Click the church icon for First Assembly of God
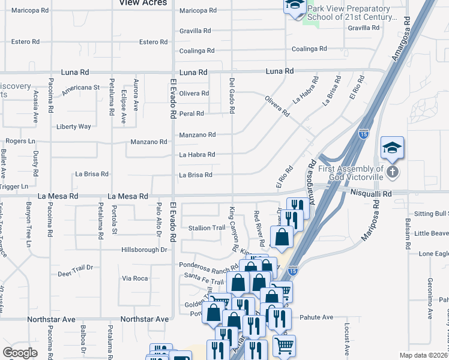[392, 173]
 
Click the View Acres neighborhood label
[143, 3]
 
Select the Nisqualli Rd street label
[371, 194]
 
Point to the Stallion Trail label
[206, 228]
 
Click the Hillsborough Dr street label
[143, 250]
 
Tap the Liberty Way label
[73, 127]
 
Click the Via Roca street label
[134, 278]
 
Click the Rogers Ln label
[20, 142]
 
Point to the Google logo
[20, 353]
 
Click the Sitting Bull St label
[431, 214]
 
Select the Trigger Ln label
[14, 187]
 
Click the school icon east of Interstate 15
[392, 148]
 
